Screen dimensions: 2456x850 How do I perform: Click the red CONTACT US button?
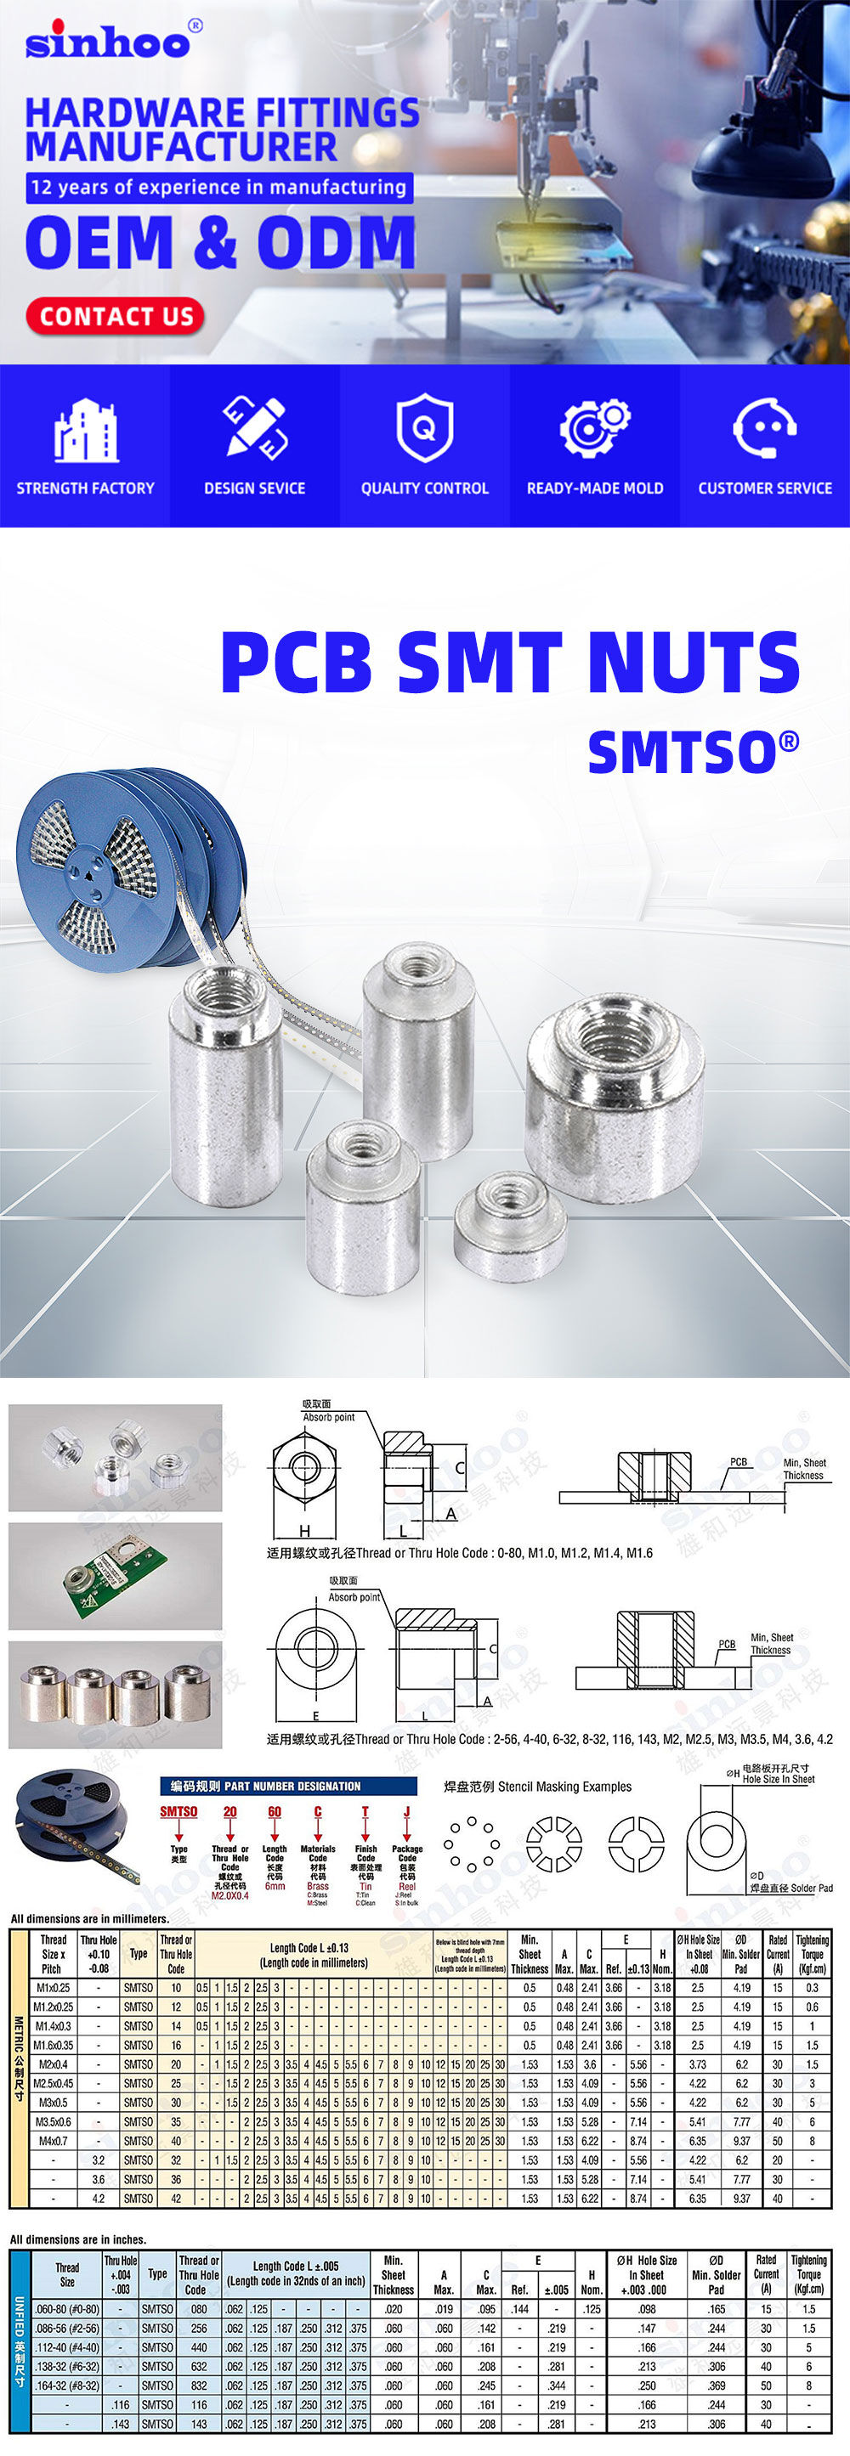point(116,317)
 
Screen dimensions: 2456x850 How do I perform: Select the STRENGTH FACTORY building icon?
point(85,430)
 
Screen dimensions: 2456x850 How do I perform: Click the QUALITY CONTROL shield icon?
point(424,428)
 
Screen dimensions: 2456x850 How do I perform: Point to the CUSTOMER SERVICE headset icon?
point(764,428)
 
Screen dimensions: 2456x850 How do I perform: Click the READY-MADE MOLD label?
point(594,488)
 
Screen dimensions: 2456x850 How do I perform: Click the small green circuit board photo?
point(116,1575)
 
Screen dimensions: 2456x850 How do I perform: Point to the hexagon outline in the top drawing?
point(303,1468)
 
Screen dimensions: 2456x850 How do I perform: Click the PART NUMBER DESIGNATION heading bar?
point(288,1786)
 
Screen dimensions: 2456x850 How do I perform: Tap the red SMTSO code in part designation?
point(178,1811)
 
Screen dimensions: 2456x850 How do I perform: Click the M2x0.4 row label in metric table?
point(53,2064)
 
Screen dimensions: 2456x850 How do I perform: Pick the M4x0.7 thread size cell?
point(53,2141)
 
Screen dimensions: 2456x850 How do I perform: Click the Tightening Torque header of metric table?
point(812,1954)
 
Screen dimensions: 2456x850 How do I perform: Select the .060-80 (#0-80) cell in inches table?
point(67,2309)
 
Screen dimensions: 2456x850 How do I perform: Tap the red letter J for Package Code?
point(406,1811)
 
